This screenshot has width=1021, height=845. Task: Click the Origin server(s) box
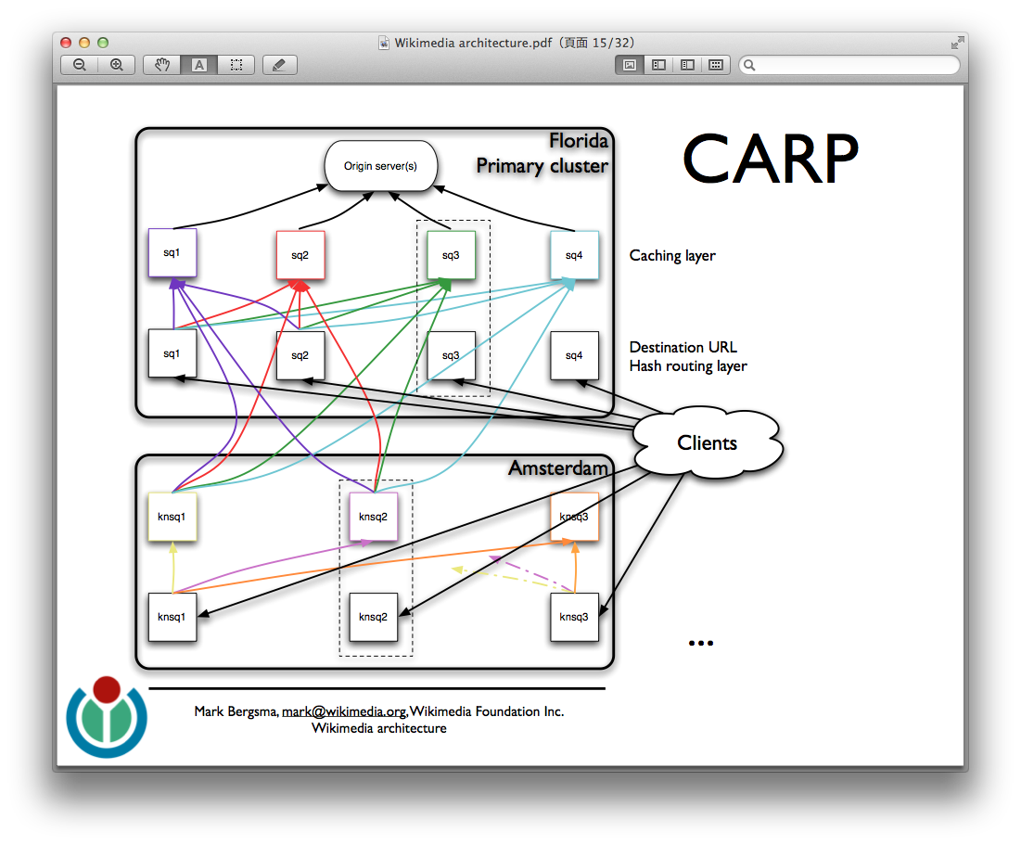(x=380, y=166)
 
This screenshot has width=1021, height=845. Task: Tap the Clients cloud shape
(x=707, y=443)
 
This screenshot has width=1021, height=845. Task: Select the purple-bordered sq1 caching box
(x=172, y=252)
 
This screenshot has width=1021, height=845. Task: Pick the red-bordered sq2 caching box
(x=300, y=255)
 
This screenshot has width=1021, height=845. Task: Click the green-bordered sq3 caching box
(x=451, y=254)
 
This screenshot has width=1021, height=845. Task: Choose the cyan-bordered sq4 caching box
(x=574, y=255)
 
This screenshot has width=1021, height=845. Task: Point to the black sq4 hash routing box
(x=574, y=355)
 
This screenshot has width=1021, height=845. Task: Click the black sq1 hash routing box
(x=172, y=353)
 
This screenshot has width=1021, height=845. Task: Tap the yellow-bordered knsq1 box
(x=172, y=517)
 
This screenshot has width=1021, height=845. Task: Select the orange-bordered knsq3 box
(x=574, y=517)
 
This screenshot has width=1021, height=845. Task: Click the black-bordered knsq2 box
(x=373, y=617)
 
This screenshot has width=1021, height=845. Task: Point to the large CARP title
(x=770, y=160)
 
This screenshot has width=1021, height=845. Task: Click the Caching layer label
(x=672, y=255)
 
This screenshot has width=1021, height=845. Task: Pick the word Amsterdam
(x=557, y=468)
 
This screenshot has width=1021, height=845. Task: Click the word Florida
(x=579, y=141)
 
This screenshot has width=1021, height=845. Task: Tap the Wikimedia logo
(x=107, y=717)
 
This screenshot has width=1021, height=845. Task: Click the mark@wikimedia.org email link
(x=344, y=711)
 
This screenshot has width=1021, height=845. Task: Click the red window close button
(x=66, y=43)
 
